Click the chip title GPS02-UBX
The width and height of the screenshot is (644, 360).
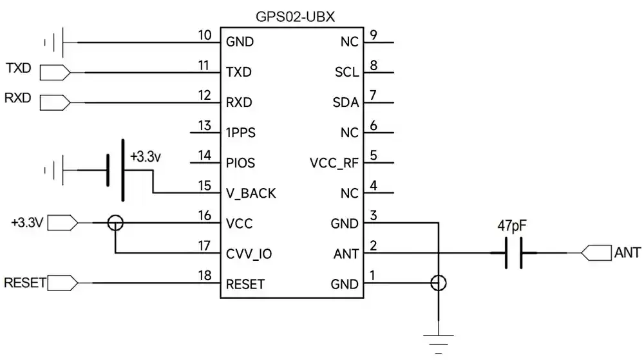click(x=292, y=16)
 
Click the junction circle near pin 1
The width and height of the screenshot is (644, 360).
click(x=439, y=283)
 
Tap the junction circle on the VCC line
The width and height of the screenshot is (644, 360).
click(x=115, y=223)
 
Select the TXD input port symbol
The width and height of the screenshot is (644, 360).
click(x=55, y=72)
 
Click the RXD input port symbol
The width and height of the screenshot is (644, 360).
click(x=55, y=102)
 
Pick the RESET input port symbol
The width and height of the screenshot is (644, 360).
click(x=63, y=283)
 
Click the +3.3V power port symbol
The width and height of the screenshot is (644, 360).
click(x=63, y=223)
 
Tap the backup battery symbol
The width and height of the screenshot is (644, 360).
click(x=114, y=170)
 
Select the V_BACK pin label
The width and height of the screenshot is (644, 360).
click(x=251, y=194)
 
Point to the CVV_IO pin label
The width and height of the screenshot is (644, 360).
click(x=249, y=254)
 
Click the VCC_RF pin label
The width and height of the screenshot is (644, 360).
click(x=334, y=163)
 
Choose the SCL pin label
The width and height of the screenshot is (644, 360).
click(x=346, y=72)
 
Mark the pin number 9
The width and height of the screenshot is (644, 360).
click(x=374, y=35)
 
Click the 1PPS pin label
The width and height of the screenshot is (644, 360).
click(x=240, y=133)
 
